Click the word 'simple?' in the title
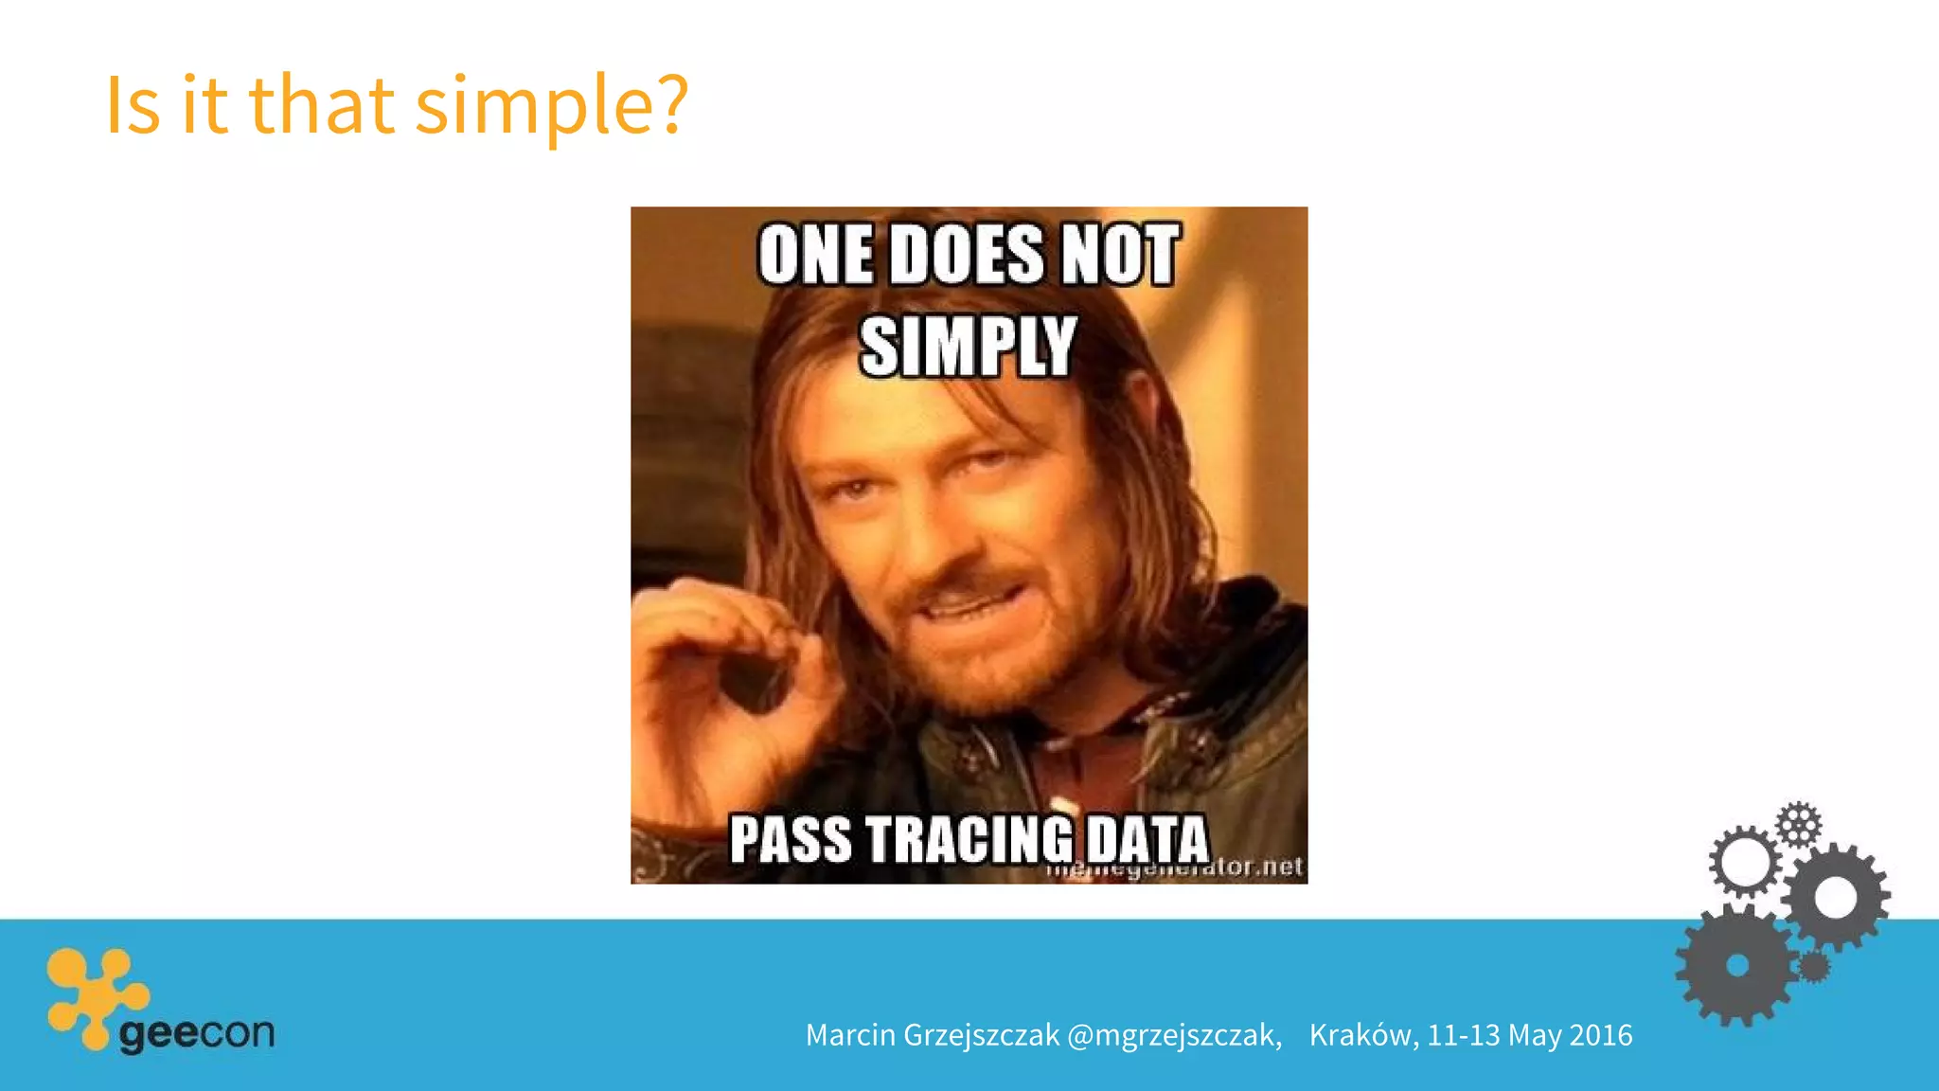coord(551,106)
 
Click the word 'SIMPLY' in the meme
coord(968,347)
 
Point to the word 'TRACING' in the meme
coord(969,839)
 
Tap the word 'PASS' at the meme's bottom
coord(790,839)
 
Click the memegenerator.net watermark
coord(1174,867)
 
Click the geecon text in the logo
coord(197,1032)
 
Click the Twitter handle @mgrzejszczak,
coord(1174,1035)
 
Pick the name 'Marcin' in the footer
coord(850,1035)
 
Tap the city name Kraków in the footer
coord(1362,1035)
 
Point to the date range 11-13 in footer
coord(1464,1035)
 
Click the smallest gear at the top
coord(1797,824)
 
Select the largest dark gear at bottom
coord(1736,966)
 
